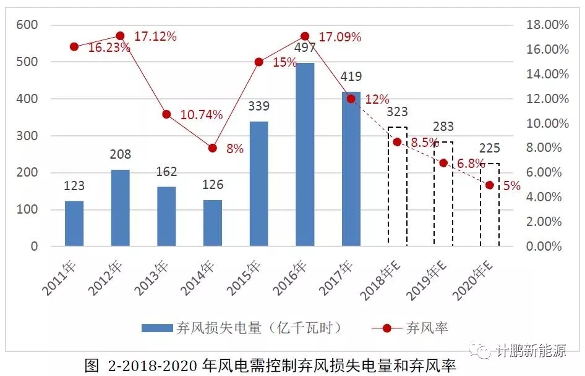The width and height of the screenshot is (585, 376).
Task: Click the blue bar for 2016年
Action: [x=304, y=154]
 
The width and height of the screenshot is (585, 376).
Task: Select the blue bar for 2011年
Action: [x=74, y=224]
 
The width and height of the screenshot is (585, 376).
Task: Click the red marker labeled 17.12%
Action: [x=121, y=36]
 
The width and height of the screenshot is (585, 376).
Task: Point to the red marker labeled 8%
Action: [x=213, y=148]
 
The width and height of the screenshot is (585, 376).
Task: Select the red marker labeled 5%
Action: [x=489, y=185]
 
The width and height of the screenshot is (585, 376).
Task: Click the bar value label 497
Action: [x=305, y=48]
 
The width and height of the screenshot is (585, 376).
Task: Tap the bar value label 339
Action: [x=258, y=106]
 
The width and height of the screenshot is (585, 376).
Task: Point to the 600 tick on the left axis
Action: [x=27, y=25]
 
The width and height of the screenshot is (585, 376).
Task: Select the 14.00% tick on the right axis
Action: [x=547, y=74]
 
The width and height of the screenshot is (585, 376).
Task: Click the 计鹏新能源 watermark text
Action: [x=532, y=351]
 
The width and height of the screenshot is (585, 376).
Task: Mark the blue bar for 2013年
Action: [x=166, y=216]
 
